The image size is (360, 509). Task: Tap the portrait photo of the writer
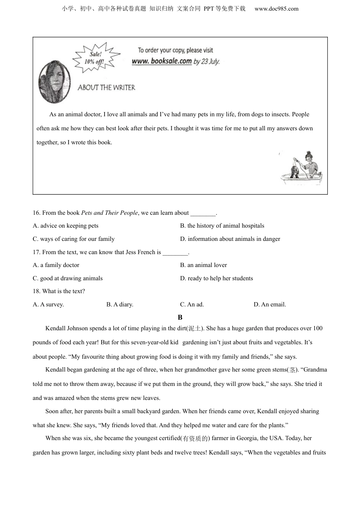click(55, 81)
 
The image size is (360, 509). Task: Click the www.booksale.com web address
click(162, 61)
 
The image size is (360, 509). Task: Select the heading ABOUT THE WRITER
click(106, 87)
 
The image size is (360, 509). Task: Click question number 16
click(37, 213)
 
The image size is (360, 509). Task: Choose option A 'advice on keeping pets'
click(66, 226)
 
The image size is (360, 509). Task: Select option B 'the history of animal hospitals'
click(222, 226)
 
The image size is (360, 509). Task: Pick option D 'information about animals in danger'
click(230, 239)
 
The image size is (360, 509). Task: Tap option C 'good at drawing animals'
click(68, 278)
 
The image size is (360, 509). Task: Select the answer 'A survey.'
click(49, 304)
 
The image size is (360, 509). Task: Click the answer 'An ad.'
click(192, 304)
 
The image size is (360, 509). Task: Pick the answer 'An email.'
click(270, 304)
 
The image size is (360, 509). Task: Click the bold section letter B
click(180, 317)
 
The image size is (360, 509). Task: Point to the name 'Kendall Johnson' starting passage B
click(66, 328)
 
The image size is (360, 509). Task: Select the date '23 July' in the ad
click(210, 61)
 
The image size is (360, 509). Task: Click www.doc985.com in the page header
click(276, 9)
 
